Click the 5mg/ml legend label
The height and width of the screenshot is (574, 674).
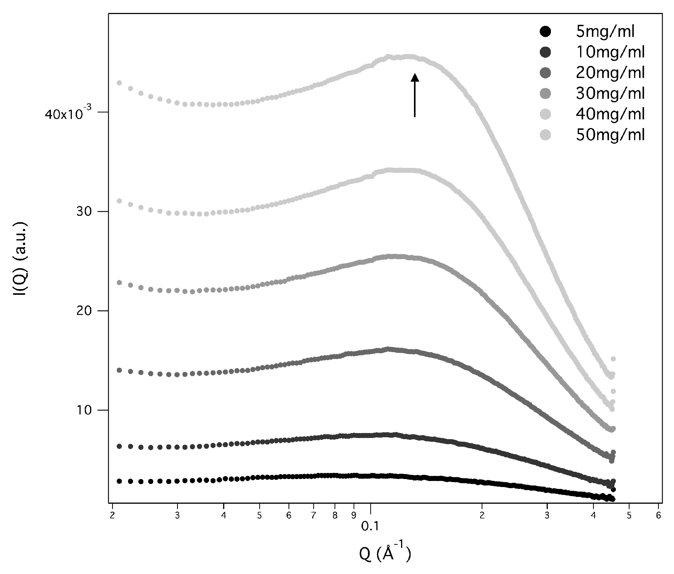(x=605, y=32)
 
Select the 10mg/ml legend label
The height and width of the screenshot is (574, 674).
(x=610, y=52)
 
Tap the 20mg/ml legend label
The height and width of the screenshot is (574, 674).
(x=610, y=73)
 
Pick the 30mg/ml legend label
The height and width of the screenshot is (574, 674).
(x=610, y=93)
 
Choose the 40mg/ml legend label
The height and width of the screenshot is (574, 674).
(x=610, y=114)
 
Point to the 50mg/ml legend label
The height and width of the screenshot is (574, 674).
(x=610, y=135)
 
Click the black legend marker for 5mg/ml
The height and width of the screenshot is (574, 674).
(x=545, y=32)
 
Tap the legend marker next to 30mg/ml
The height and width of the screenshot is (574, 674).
(x=545, y=93)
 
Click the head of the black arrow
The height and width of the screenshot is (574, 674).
(x=415, y=77)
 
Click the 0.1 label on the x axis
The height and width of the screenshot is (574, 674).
(x=370, y=526)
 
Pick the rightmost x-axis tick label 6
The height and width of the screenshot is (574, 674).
(x=658, y=515)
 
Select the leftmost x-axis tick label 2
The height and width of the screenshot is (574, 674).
(x=112, y=515)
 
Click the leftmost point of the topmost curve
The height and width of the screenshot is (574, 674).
(x=119, y=83)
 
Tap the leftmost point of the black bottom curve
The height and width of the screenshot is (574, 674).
(x=119, y=481)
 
